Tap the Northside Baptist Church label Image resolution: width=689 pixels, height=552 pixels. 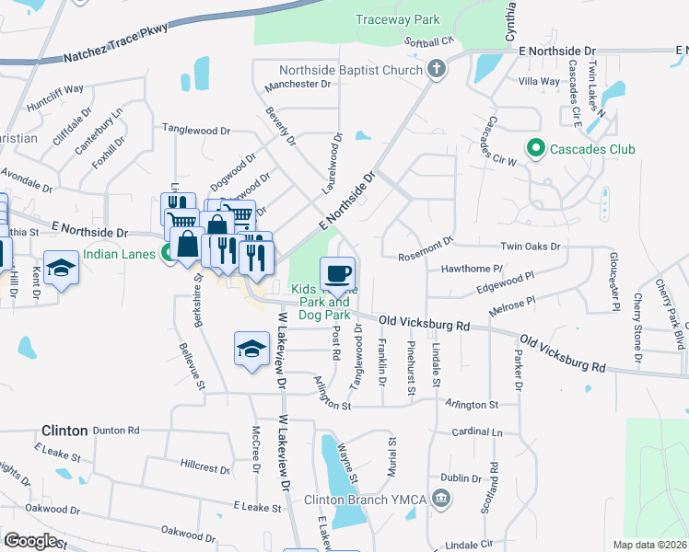pyautogui.click(x=350, y=69)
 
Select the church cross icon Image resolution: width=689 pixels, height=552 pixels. pyautogui.click(x=438, y=69)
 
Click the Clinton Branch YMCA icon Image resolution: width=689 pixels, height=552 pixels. pyautogui.click(x=442, y=500)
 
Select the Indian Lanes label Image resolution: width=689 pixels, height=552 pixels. pyautogui.click(x=121, y=255)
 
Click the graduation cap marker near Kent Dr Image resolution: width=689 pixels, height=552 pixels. pyautogui.click(x=62, y=269)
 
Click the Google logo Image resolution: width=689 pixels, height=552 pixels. pyautogui.click(x=30, y=541)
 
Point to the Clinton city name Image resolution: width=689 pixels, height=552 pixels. pyautogui.click(x=64, y=430)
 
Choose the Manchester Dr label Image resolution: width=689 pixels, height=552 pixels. pyautogui.click(x=298, y=85)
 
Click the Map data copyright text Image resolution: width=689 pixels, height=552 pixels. pyautogui.click(x=649, y=545)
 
